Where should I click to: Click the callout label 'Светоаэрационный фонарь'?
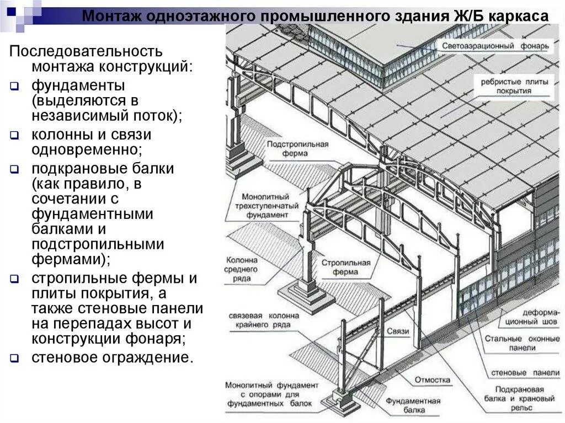pos(495,46)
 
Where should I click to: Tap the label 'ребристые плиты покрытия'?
pos(514,87)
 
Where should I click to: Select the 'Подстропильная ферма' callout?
pos(297,149)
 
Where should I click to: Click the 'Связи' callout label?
pos(397,331)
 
